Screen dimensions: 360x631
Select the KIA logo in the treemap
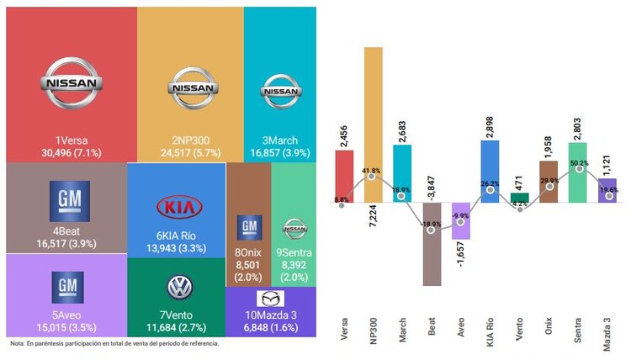[178, 208]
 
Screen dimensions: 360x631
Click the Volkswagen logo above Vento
[179, 289]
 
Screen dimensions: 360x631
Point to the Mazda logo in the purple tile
[270, 299]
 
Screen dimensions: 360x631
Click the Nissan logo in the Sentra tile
[294, 226]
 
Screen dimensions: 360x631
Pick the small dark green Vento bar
[519, 198]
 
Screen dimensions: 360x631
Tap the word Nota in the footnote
[17, 343]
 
